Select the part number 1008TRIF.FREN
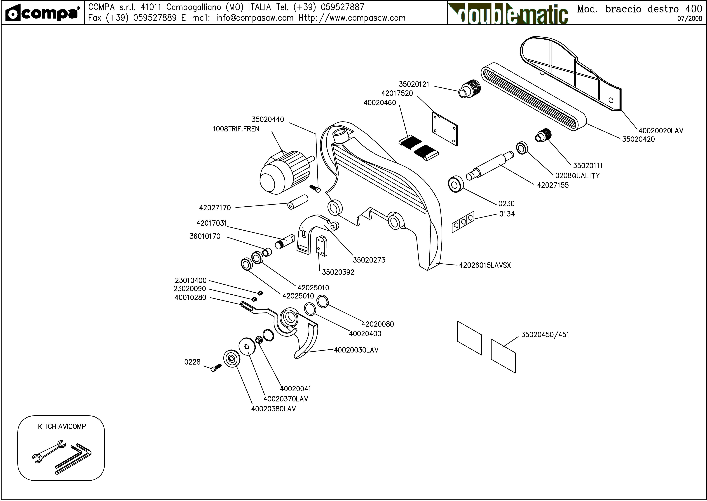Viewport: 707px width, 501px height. [236, 129]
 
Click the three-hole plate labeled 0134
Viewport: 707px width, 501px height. [463, 222]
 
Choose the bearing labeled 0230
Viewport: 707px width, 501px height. [456, 184]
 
